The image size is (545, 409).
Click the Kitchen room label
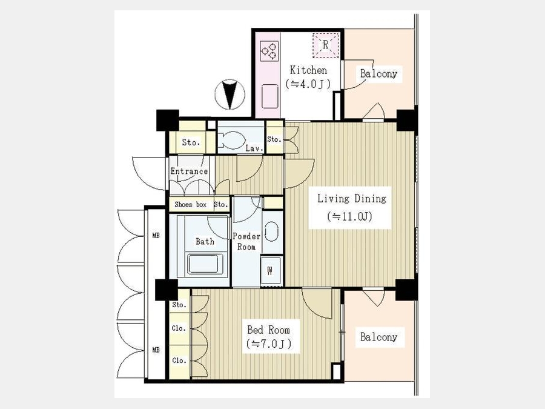(x=308, y=70)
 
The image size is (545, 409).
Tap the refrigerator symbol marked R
(x=325, y=45)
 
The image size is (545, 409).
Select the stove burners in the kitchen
(x=269, y=51)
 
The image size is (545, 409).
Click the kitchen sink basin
(x=269, y=96)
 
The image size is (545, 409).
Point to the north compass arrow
(x=230, y=95)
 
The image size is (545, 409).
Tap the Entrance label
(x=189, y=171)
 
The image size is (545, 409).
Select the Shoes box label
(x=191, y=205)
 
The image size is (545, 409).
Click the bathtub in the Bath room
(x=205, y=264)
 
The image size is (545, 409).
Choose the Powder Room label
(x=246, y=241)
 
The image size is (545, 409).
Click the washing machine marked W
(x=271, y=271)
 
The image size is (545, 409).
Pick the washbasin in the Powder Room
(x=271, y=231)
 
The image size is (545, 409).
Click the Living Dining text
(x=351, y=199)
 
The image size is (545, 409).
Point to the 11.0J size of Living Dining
(x=349, y=217)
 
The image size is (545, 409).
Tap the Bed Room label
(x=268, y=330)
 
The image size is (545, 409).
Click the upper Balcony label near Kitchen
(x=378, y=74)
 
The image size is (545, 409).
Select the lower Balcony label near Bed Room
(x=378, y=337)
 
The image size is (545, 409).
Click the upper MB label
(x=156, y=236)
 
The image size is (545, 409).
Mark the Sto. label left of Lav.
(x=191, y=142)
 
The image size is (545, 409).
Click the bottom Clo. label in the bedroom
(x=179, y=361)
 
